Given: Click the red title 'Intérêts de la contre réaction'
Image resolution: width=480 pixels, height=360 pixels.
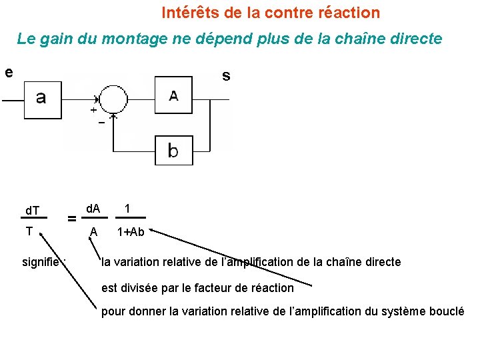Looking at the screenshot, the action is [x=271, y=13].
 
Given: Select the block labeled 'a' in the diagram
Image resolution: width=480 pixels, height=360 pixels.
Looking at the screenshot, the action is [x=41, y=99].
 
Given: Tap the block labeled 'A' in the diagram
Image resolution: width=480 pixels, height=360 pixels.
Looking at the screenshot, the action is [x=173, y=96].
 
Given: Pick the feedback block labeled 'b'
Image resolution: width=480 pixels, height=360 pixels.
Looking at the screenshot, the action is [x=173, y=151].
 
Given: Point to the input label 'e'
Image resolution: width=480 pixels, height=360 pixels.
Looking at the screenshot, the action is [x=8, y=72].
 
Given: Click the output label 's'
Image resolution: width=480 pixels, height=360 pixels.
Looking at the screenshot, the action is [x=226, y=76].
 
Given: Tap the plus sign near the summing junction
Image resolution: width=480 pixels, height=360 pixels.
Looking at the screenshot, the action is [x=92, y=111].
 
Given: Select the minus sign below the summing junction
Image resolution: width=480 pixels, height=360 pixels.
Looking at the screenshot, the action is [x=101, y=123].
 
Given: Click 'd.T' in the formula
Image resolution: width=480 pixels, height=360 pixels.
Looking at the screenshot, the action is [x=33, y=211].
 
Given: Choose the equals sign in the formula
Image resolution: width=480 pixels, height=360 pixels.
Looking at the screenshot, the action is [x=71, y=218].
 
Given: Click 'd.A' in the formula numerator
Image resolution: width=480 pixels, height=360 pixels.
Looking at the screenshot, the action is [x=93, y=209].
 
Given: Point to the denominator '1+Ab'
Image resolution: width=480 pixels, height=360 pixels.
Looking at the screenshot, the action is [x=131, y=232].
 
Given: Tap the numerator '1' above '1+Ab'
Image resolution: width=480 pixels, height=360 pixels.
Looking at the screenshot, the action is [x=127, y=209].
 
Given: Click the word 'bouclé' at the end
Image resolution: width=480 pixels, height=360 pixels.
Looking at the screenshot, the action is [x=447, y=312].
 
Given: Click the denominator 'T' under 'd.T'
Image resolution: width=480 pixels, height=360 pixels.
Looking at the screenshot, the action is [x=29, y=231].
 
